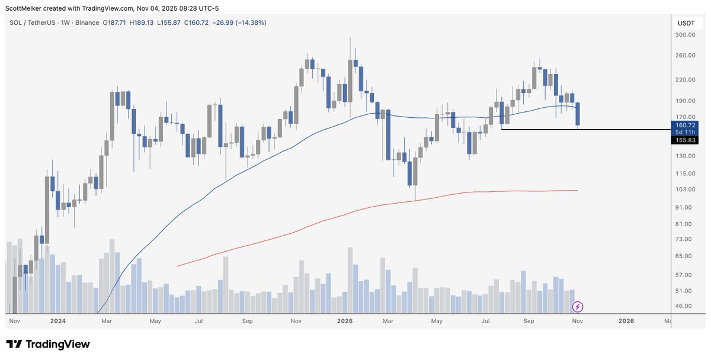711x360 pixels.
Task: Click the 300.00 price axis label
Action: click(x=686, y=35)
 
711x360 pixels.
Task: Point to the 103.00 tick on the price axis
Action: click(x=686, y=189)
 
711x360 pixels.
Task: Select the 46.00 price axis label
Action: click(x=684, y=306)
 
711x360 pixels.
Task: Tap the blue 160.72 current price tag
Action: click(x=686, y=125)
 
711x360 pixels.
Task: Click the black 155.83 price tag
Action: click(x=686, y=140)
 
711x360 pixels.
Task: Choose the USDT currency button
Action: click(x=686, y=23)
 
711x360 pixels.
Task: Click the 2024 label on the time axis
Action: click(x=57, y=321)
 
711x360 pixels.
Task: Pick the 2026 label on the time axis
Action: click(x=626, y=321)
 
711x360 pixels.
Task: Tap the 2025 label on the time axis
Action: click(x=344, y=321)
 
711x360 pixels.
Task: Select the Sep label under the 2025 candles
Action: click(x=529, y=321)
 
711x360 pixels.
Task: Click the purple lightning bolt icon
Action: click(x=578, y=307)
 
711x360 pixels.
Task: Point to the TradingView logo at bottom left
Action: click(x=47, y=344)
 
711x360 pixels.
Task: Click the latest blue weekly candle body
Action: click(x=578, y=114)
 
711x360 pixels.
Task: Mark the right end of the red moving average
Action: click(x=577, y=190)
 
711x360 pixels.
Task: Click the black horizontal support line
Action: click(x=592, y=129)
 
